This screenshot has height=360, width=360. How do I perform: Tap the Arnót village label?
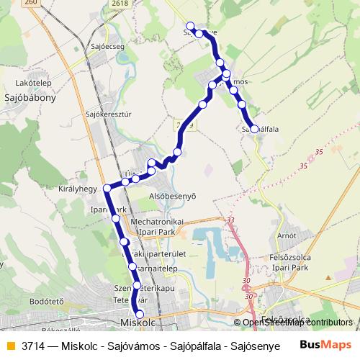[x=287, y=235]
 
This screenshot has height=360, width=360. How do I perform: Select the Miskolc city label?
[x=139, y=323]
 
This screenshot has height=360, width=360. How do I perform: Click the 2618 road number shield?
[x=120, y=4]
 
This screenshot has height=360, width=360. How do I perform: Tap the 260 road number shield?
[x=30, y=3]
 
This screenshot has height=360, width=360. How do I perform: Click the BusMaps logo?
[x=325, y=346]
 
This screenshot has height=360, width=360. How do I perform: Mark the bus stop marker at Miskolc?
[x=140, y=313]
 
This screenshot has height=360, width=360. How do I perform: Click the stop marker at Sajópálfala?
[x=254, y=129]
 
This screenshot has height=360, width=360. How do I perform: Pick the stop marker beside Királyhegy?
[x=107, y=189]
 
